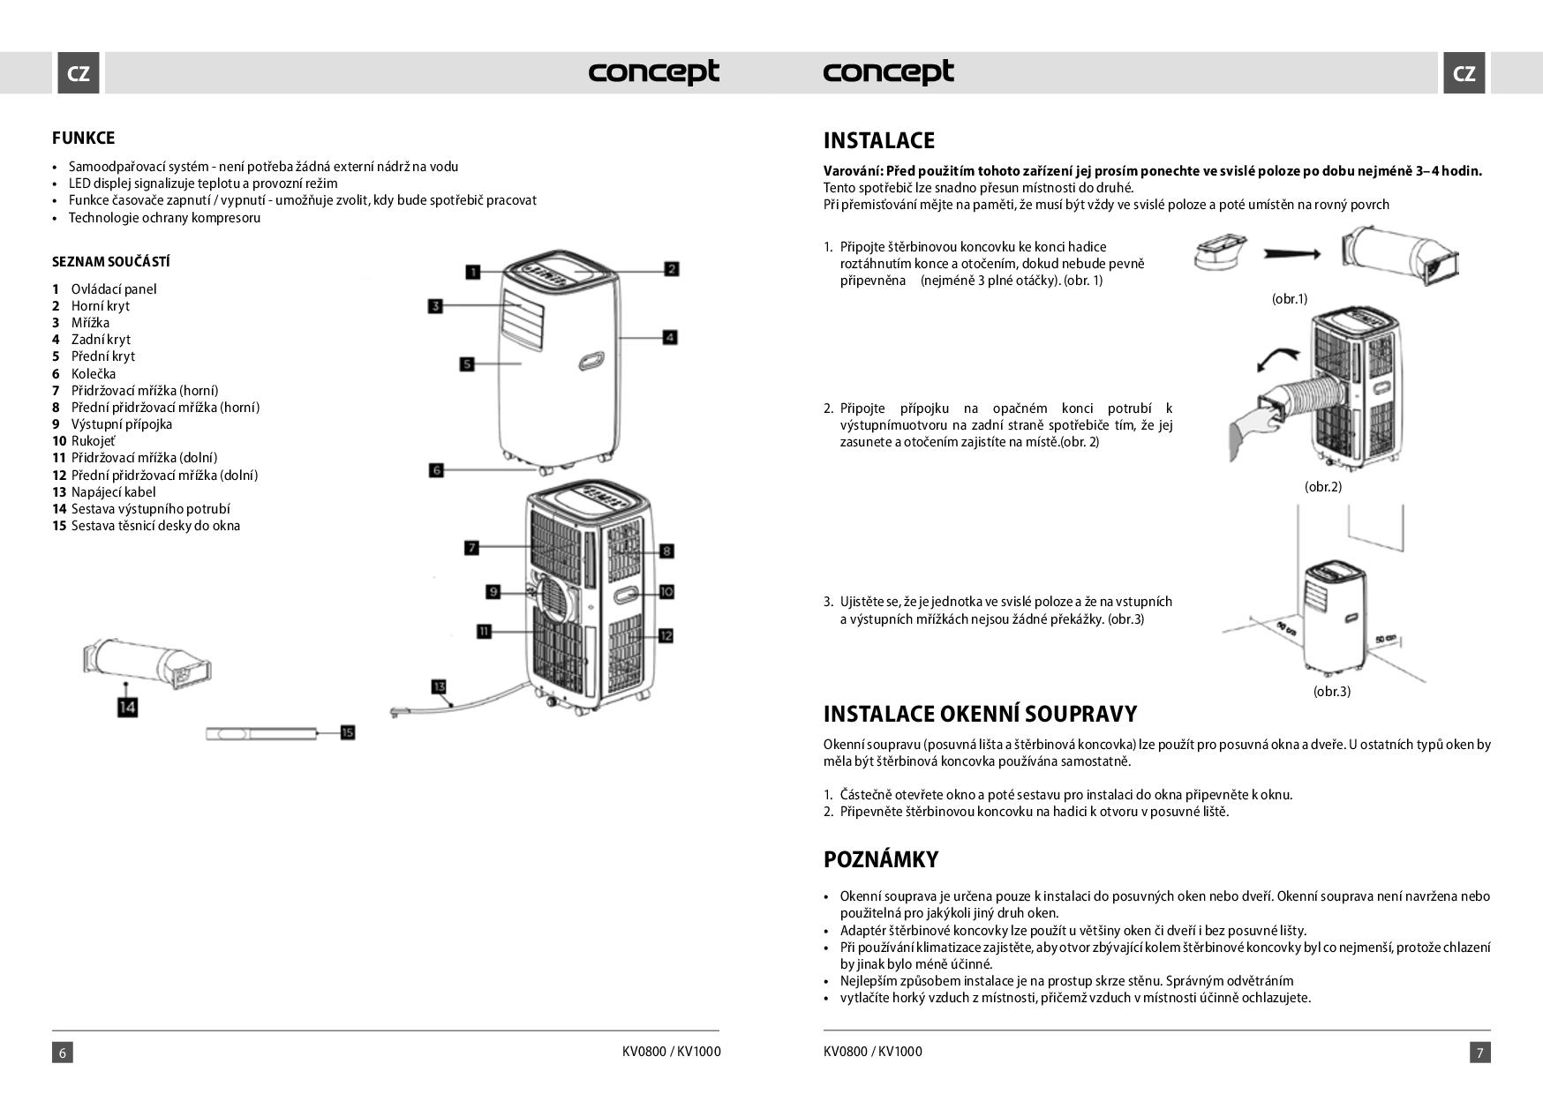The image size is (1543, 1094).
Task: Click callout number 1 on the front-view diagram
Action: click(473, 272)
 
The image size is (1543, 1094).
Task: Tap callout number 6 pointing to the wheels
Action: click(436, 470)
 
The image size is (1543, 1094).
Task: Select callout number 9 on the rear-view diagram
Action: click(493, 591)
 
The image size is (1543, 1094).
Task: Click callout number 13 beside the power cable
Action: click(440, 686)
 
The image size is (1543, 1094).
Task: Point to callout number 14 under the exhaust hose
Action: click(128, 707)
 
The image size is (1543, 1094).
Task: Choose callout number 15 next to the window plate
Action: click(347, 732)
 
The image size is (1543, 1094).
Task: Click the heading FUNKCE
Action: click(83, 138)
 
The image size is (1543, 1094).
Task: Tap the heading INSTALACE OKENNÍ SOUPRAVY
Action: click(980, 714)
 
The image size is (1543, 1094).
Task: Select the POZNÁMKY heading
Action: click(880, 859)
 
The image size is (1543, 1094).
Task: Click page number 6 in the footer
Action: click(62, 1052)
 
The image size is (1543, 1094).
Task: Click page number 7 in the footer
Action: click(1480, 1052)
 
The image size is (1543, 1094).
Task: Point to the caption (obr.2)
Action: click(1322, 486)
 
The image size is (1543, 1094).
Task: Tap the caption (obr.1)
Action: click(1289, 299)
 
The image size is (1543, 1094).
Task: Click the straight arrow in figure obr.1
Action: click(1291, 253)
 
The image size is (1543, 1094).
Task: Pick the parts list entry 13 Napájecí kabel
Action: click(103, 492)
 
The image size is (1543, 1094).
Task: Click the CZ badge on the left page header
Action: click(79, 73)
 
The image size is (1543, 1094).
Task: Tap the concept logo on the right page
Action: click(888, 72)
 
